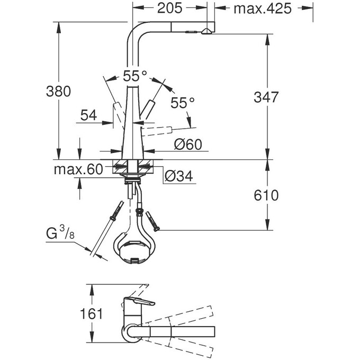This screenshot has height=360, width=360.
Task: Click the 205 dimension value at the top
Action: click(x=169, y=8)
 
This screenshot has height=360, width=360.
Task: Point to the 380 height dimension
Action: click(x=58, y=91)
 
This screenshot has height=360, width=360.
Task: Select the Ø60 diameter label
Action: click(x=187, y=143)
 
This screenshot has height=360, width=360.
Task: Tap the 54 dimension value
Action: click(x=88, y=115)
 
